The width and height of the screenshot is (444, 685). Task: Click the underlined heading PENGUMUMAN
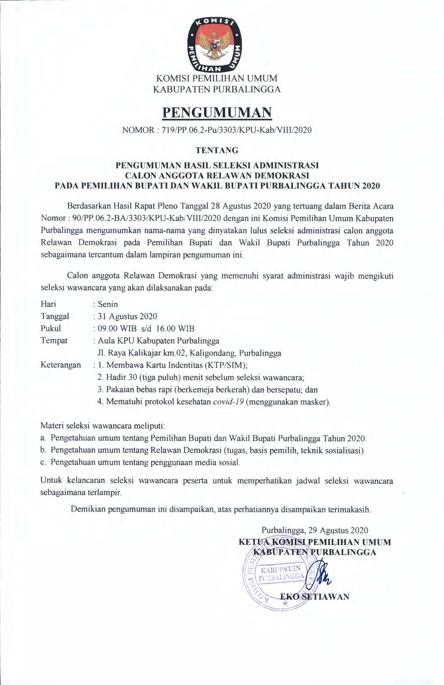pyautogui.click(x=217, y=112)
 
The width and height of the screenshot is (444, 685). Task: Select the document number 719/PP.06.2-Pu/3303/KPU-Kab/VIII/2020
pyautogui.click(x=237, y=130)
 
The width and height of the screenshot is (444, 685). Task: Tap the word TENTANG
pyautogui.click(x=217, y=150)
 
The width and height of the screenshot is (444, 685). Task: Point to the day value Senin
pyautogui.click(x=108, y=304)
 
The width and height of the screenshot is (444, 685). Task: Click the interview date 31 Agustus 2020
pyautogui.click(x=127, y=316)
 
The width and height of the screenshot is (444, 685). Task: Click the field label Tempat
pyautogui.click(x=54, y=341)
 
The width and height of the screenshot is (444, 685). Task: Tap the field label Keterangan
pyautogui.click(x=61, y=365)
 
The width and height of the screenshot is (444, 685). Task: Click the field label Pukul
pyautogui.click(x=51, y=329)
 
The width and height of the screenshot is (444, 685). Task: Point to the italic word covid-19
pyautogui.click(x=228, y=401)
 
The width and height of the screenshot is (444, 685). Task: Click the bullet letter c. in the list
pyautogui.click(x=43, y=462)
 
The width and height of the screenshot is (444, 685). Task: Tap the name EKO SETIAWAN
pyautogui.click(x=314, y=597)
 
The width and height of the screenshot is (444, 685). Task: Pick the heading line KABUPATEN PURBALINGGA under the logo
pyautogui.click(x=217, y=89)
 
